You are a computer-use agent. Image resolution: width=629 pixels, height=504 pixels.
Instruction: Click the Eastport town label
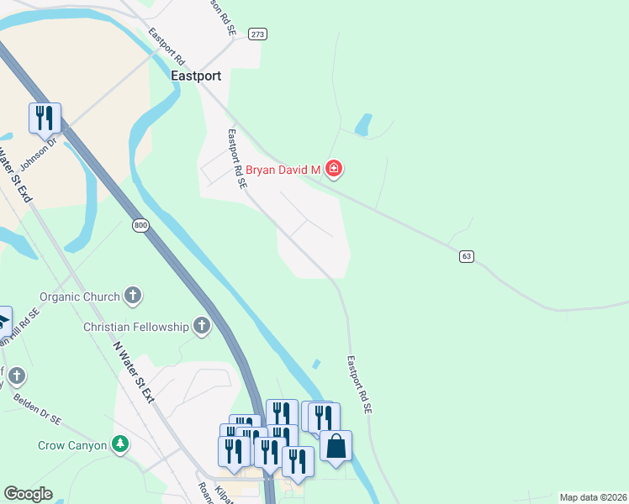pyautogui.click(x=195, y=76)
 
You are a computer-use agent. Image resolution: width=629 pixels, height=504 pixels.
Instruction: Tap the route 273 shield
pyautogui.click(x=257, y=34)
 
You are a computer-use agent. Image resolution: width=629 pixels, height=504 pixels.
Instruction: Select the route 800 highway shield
pyautogui.click(x=140, y=225)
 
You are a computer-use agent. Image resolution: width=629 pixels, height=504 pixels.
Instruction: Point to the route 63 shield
pyautogui.click(x=466, y=255)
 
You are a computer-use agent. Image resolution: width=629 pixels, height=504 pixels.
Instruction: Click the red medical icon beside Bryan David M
pyautogui.click(x=334, y=170)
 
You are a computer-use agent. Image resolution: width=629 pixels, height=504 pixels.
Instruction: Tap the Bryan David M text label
pyautogui.click(x=283, y=170)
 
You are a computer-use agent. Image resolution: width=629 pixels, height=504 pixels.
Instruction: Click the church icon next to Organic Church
pyautogui.click(x=133, y=296)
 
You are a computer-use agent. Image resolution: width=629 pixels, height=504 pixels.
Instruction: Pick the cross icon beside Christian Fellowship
pyautogui.click(x=201, y=326)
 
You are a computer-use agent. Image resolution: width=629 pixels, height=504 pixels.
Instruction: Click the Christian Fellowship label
pyautogui.click(x=136, y=326)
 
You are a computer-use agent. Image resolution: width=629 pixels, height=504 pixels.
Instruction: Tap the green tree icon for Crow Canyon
pyautogui.click(x=121, y=444)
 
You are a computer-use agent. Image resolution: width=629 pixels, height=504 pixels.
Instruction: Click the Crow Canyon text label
pyautogui.click(x=72, y=445)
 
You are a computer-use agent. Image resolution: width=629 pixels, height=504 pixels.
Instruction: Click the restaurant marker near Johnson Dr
pyautogui.click(x=45, y=118)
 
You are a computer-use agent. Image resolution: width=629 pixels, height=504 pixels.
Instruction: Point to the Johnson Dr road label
pyautogui.click(x=37, y=154)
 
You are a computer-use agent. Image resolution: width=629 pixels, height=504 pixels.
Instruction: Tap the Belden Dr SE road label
pyautogui.click(x=39, y=407)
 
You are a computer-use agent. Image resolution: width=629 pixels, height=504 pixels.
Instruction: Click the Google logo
pyautogui.click(x=28, y=494)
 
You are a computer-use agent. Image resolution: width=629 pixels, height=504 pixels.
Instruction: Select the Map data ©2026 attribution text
pyautogui.click(x=593, y=497)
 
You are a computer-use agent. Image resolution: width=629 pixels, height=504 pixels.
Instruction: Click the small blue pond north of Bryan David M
pyautogui.click(x=364, y=124)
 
